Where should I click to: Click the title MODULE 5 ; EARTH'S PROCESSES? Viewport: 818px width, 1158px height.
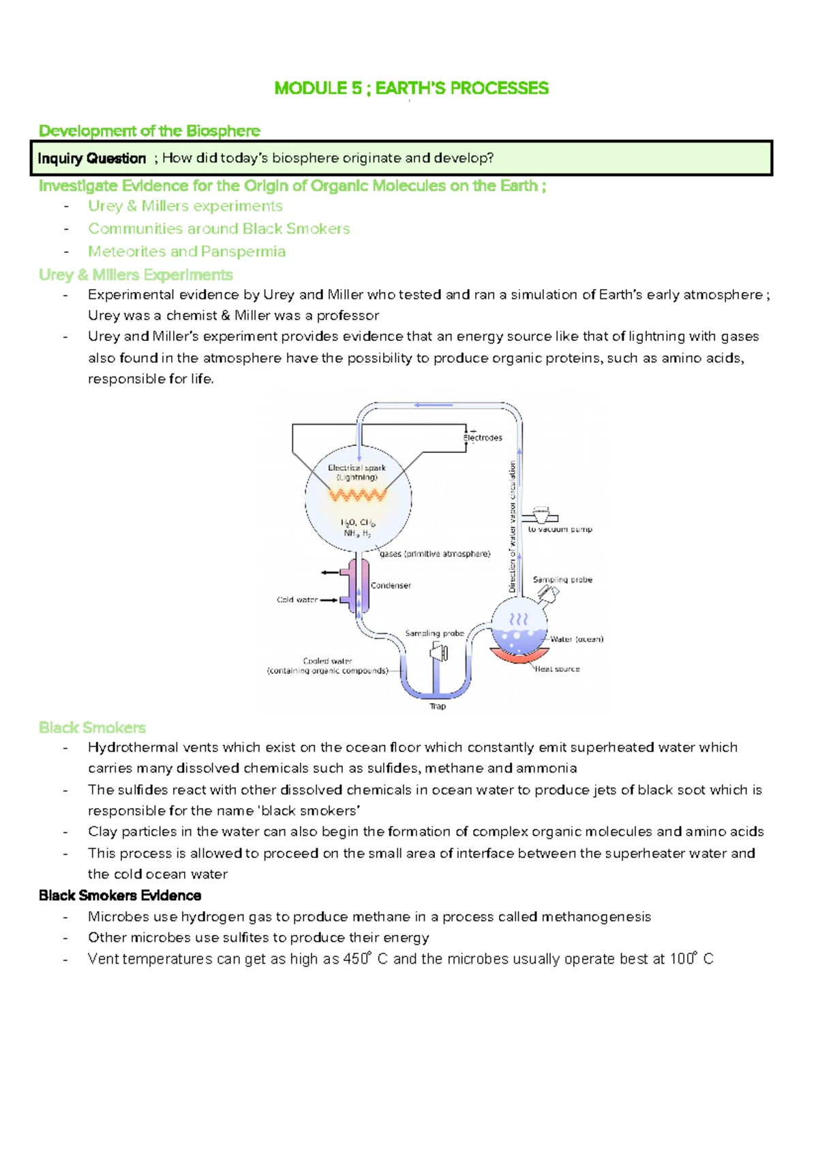(x=411, y=89)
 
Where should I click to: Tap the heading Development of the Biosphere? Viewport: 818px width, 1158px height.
(x=149, y=131)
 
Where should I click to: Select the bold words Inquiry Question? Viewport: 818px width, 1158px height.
(x=92, y=159)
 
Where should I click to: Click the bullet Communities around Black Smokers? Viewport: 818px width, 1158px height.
(x=219, y=229)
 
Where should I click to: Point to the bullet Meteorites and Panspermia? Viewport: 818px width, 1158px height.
(x=187, y=252)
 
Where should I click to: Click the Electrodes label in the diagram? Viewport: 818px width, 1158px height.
(x=483, y=438)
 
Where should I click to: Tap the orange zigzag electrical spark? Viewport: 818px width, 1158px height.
(x=358, y=494)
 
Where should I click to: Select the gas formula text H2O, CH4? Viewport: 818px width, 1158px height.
(x=358, y=522)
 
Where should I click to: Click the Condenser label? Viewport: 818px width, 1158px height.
(x=391, y=586)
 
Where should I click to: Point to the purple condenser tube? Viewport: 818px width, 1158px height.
(x=359, y=585)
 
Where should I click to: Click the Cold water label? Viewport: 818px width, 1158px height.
(x=297, y=600)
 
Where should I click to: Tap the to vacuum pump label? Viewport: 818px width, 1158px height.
(x=560, y=529)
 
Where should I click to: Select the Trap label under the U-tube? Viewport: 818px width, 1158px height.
(x=438, y=707)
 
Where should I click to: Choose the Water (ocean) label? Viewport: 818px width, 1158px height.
(x=577, y=640)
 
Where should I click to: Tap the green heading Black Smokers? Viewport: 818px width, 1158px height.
(x=92, y=728)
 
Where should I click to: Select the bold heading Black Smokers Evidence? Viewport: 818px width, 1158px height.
(x=120, y=895)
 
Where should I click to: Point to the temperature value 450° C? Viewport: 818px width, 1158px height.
(x=365, y=960)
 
